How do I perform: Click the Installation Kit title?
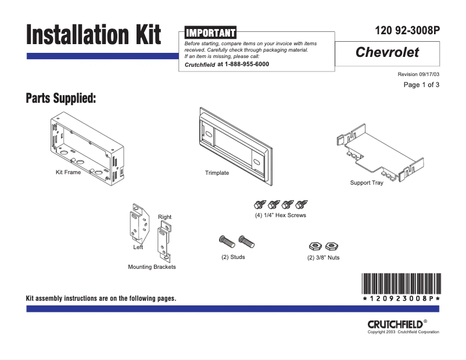[x=94, y=35]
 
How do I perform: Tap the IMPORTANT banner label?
[x=210, y=33]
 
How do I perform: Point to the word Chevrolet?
[x=387, y=53]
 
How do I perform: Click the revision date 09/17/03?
[x=428, y=75]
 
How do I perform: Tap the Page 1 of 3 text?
[x=421, y=85]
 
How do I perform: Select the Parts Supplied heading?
[x=61, y=98]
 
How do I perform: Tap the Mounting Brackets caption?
[x=152, y=267]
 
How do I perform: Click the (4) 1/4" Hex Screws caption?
[x=281, y=215]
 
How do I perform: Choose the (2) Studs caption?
[x=233, y=257]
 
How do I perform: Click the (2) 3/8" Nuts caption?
[x=324, y=258]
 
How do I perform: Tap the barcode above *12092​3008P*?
[x=401, y=283]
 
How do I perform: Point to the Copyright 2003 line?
[x=403, y=332]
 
